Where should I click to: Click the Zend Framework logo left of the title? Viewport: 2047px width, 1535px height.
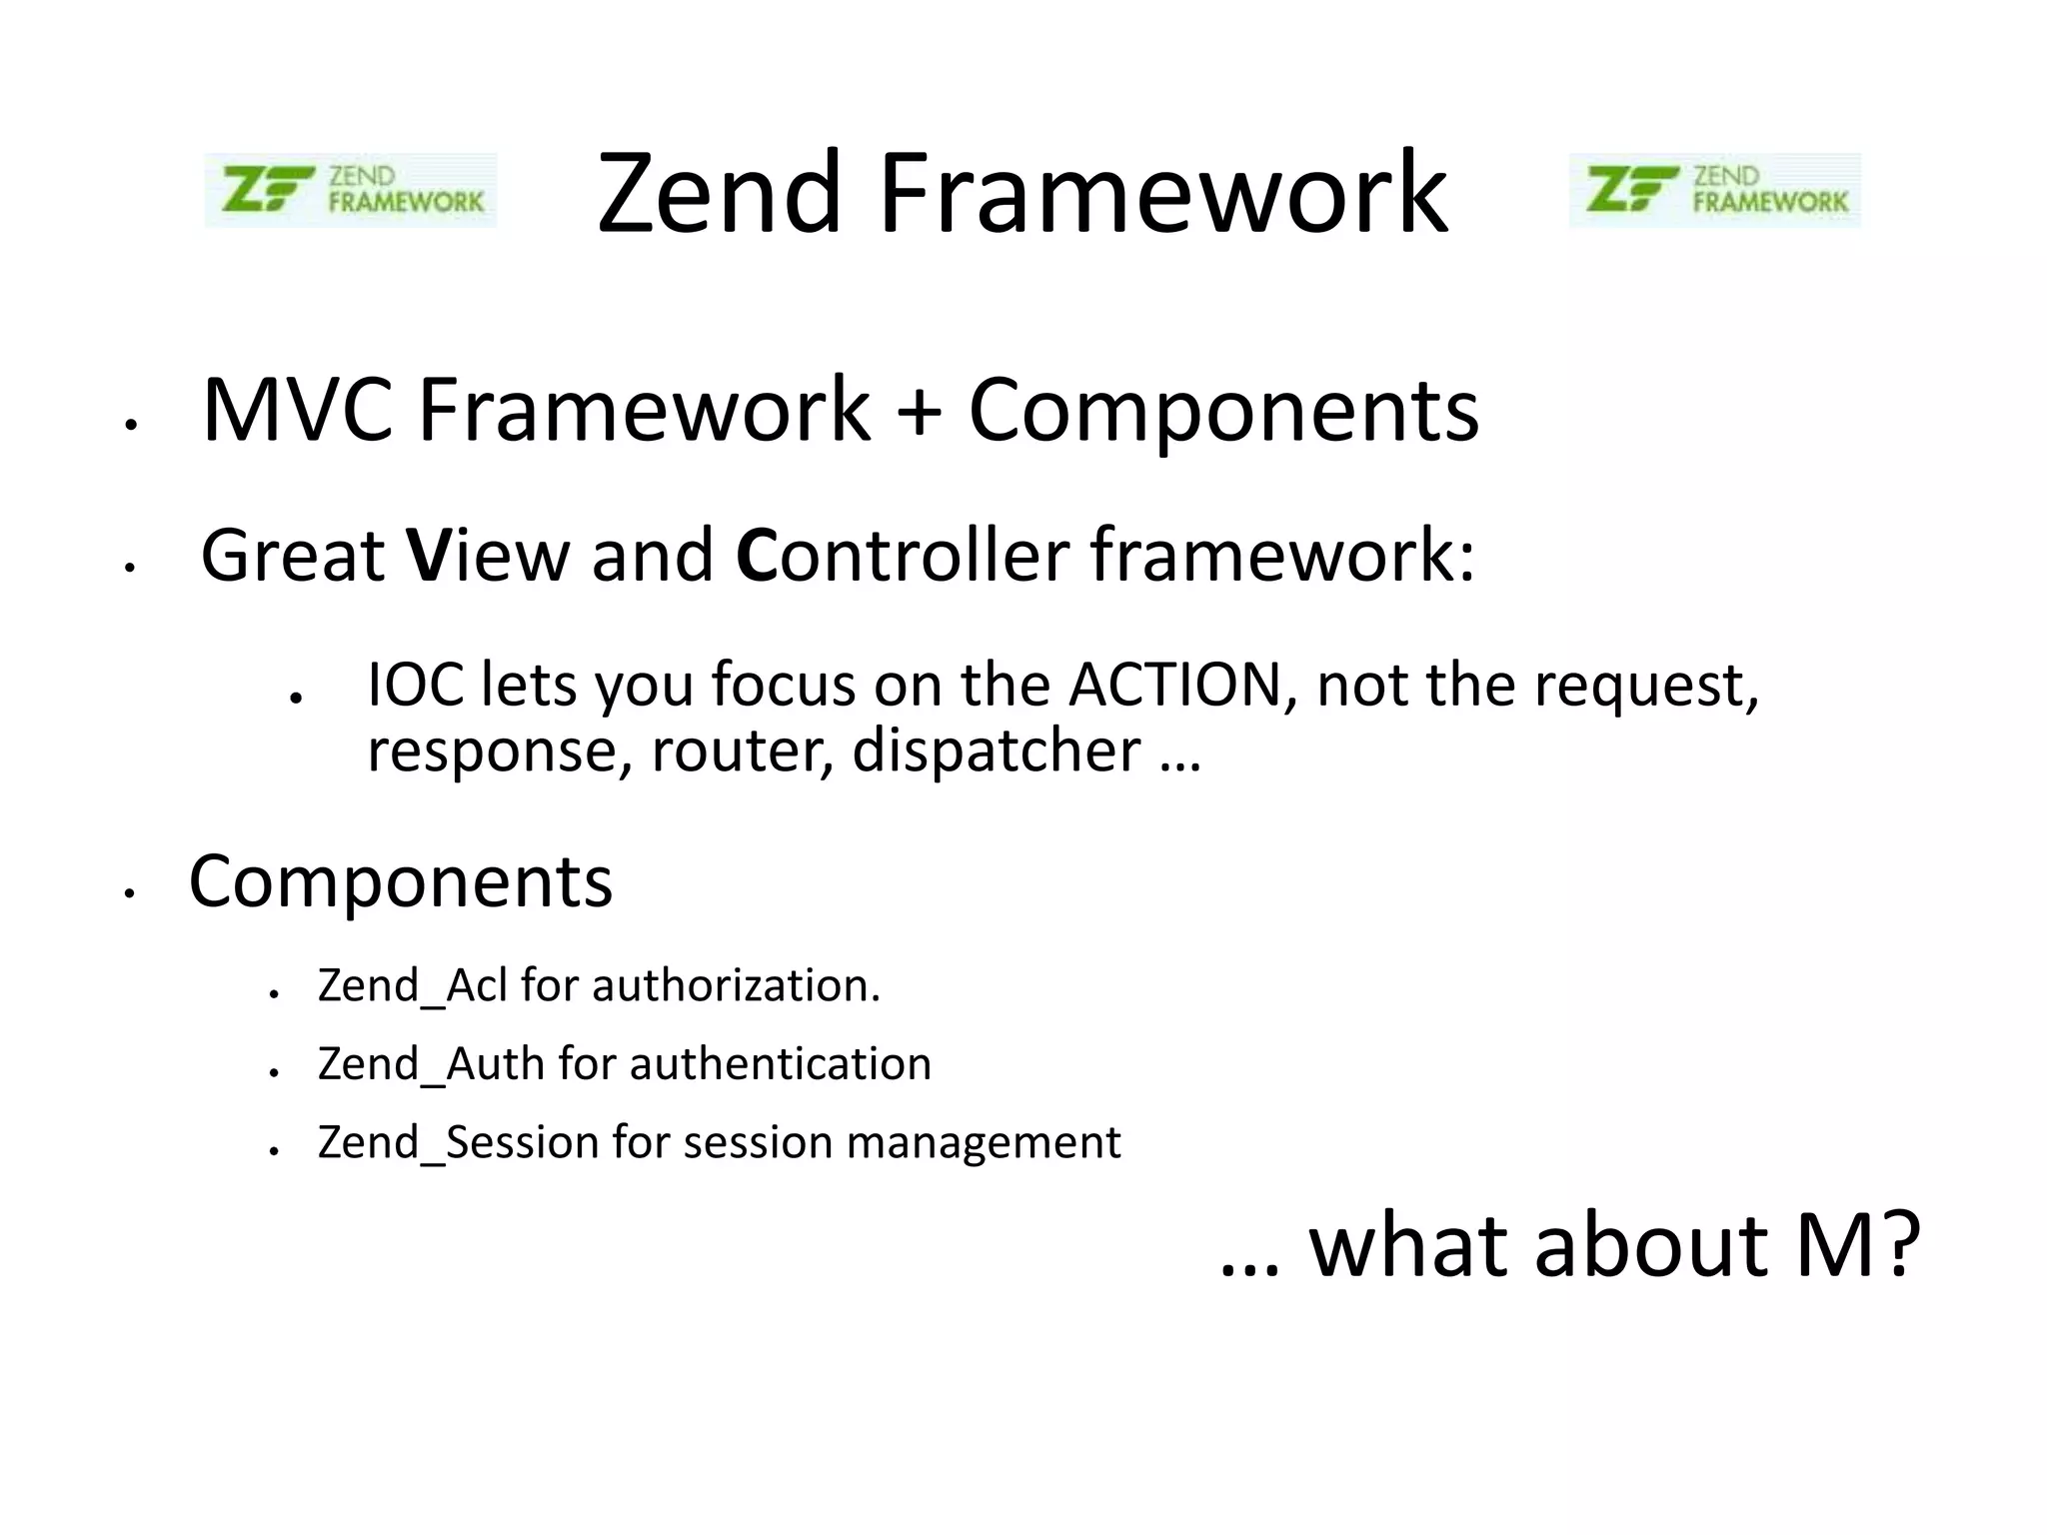pyautogui.click(x=350, y=190)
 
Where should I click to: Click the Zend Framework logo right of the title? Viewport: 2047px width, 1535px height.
pyautogui.click(x=1714, y=190)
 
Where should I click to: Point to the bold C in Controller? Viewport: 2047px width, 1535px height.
pyautogui.click(x=757, y=556)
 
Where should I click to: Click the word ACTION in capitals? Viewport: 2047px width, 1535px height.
pyautogui.click(x=1174, y=686)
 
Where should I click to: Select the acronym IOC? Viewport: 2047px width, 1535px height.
pyautogui.click(x=416, y=686)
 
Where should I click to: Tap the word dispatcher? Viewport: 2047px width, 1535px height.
pyautogui.click(x=996, y=752)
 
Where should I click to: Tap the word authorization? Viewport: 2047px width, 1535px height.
pyautogui.click(x=736, y=986)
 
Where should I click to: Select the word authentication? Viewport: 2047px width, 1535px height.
pyautogui.click(x=780, y=1064)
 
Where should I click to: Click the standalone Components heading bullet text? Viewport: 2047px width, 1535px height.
pyautogui.click(x=400, y=882)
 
